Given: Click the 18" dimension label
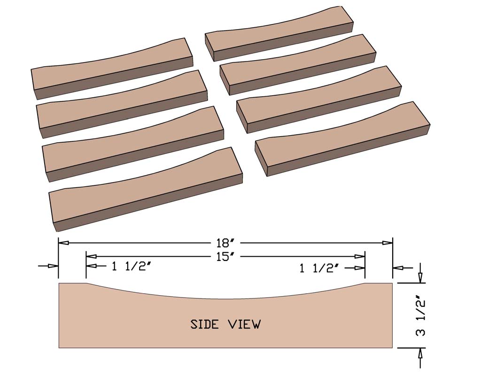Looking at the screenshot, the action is click(x=225, y=243).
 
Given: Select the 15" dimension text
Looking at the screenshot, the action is click(x=225, y=257).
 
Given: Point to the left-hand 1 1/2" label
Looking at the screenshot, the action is click(x=131, y=267).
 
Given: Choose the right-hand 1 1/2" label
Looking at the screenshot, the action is click(x=319, y=268).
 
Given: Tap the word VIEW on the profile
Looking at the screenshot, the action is click(x=244, y=324).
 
